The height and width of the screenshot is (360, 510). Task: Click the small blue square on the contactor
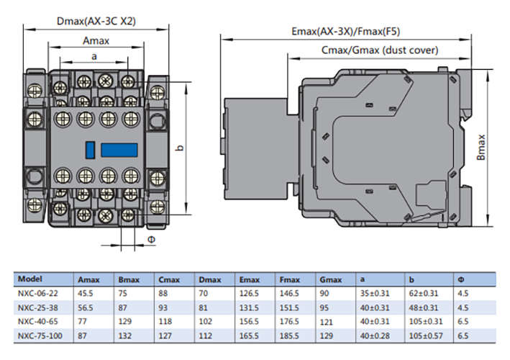coord(90,150)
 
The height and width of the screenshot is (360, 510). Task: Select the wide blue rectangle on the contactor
coord(118,150)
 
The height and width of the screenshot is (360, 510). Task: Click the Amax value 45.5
coord(86,291)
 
